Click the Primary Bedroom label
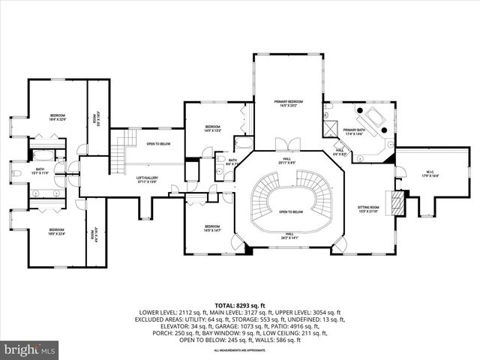(288, 103)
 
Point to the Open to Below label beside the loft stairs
(158, 143)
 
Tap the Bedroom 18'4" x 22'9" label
(58, 117)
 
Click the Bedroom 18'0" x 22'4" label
(57, 232)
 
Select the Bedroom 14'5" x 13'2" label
(213, 128)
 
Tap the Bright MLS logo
(30, 349)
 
